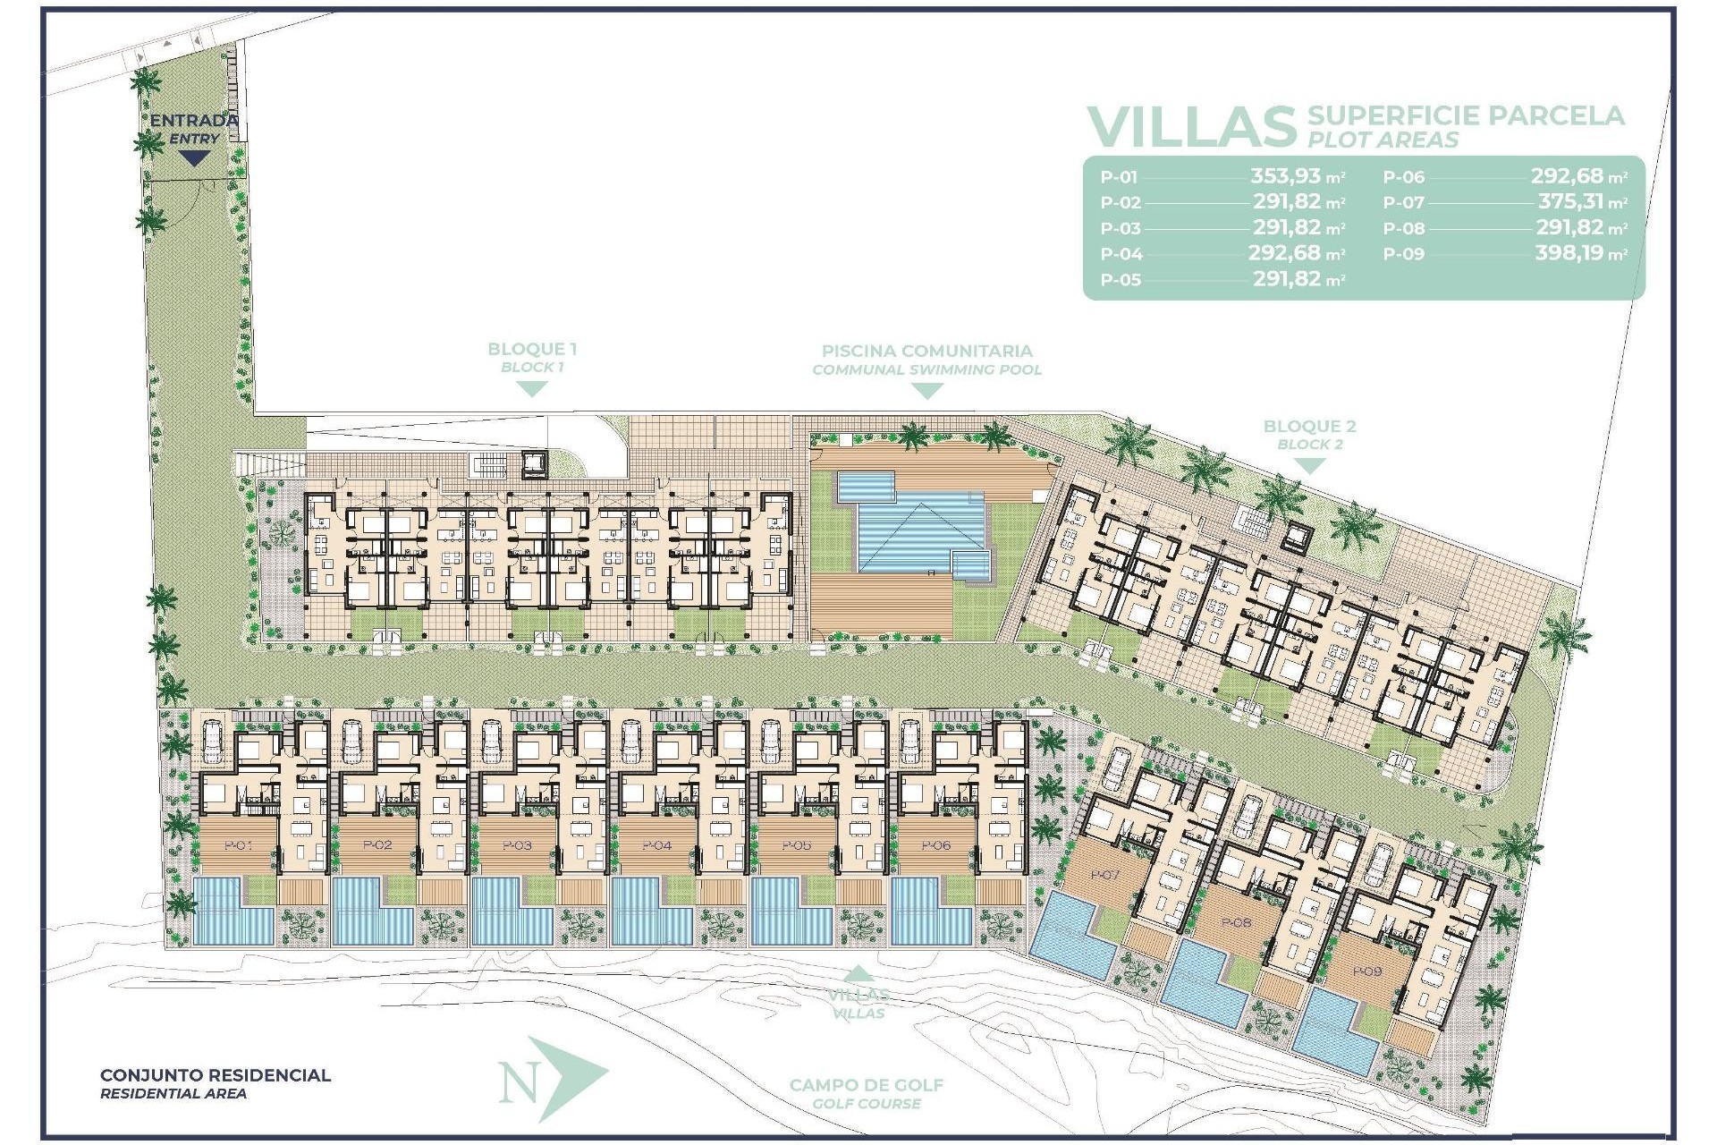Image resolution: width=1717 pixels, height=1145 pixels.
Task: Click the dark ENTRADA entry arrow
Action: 194,158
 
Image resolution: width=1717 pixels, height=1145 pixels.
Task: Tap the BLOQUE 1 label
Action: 531,350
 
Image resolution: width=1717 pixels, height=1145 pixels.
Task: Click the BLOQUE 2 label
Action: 1309,427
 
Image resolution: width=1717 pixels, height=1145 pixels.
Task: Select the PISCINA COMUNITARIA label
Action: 926,352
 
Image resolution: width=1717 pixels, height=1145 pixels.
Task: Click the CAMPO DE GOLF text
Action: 866,1085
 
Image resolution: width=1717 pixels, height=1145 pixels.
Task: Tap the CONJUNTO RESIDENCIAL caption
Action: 215,1075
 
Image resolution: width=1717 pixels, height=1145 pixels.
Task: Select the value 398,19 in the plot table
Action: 1569,253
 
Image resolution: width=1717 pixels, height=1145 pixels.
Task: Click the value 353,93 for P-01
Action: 1285,176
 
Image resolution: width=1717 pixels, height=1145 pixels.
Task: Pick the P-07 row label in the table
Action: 1403,203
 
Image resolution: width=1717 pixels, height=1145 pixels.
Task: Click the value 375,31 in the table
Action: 1570,202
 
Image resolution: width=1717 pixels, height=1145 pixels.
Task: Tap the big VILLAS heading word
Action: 1191,127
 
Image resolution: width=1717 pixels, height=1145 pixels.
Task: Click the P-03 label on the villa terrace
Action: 517,845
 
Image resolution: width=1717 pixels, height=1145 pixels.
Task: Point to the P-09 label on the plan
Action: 1366,971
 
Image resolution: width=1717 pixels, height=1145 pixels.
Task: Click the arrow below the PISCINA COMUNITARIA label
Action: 926,391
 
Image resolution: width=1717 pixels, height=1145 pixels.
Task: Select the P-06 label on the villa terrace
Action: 935,845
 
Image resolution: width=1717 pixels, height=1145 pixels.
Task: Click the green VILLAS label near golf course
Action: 858,995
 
